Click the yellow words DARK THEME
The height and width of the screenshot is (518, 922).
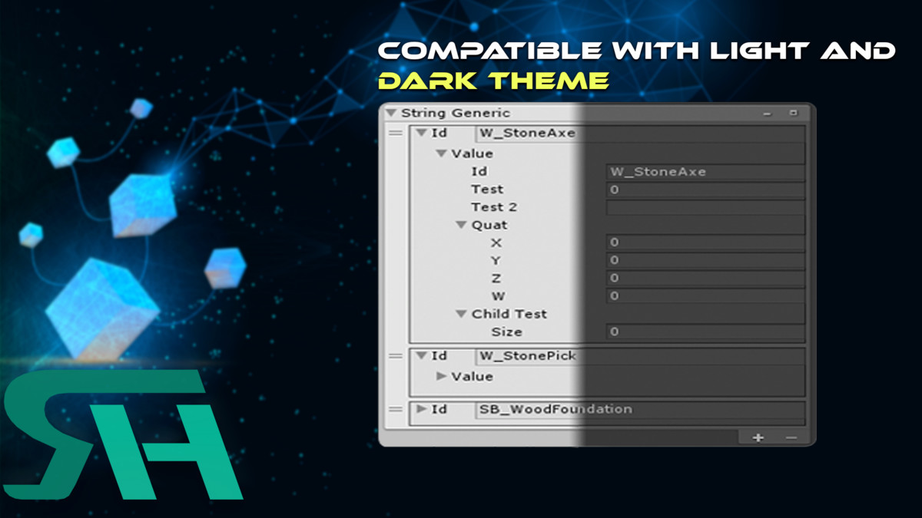493,80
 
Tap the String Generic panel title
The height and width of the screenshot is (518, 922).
455,113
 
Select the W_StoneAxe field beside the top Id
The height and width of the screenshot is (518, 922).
640,134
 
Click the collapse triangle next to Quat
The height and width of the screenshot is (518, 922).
461,224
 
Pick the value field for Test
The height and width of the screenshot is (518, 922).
705,190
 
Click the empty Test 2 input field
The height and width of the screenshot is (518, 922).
705,207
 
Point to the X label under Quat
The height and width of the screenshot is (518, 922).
496,243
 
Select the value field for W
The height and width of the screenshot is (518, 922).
705,296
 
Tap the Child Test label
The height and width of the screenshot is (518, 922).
509,314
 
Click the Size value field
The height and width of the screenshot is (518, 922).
705,332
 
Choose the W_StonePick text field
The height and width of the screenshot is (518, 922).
640,356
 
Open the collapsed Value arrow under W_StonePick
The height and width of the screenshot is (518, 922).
441,376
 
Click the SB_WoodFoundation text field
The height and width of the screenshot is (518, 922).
640,410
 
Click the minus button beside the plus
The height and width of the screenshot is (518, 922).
791,438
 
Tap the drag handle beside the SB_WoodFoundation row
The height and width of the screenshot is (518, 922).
396,410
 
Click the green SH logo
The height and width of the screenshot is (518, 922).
123,434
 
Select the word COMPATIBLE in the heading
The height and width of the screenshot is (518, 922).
490,51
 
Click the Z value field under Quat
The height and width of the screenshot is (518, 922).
705,279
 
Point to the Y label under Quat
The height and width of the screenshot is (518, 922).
496,261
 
